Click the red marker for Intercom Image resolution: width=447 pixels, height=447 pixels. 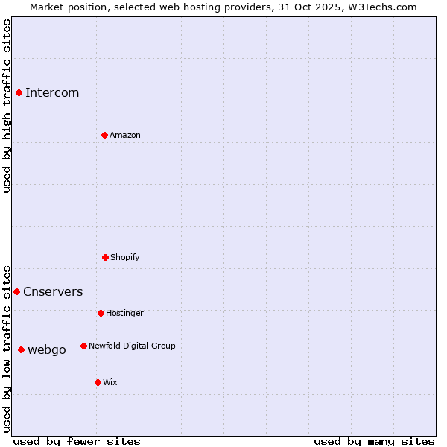click(x=19, y=92)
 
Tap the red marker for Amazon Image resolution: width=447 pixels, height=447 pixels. click(x=104, y=135)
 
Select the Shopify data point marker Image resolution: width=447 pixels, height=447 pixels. click(x=105, y=257)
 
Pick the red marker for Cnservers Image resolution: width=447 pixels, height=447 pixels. click(x=16, y=291)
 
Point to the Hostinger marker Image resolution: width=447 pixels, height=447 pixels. click(x=101, y=313)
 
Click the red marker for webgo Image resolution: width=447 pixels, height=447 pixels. click(x=21, y=349)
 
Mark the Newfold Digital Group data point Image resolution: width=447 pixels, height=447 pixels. click(x=83, y=346)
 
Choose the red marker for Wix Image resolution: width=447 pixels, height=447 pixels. click(x=98, y=382)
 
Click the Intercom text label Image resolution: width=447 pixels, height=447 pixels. click(x=52, y=92)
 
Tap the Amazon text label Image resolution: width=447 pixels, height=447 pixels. click(x=125, y=135)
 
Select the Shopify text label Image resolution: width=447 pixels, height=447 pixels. click(x=125, y=257)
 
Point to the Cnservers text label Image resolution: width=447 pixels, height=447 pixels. click(x=53, y=291)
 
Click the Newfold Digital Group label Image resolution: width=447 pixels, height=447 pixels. click(x=132, y=346)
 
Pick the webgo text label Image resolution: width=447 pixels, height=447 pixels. click(x=47, y=349)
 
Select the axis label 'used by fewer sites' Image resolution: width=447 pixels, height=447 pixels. click(x=77, y=441)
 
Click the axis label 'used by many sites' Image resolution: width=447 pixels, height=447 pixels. click(x=374, y=441)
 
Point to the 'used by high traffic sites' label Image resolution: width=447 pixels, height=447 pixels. click(x=7, y=106)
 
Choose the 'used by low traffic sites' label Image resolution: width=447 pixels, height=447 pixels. click(x=7, y=348)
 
